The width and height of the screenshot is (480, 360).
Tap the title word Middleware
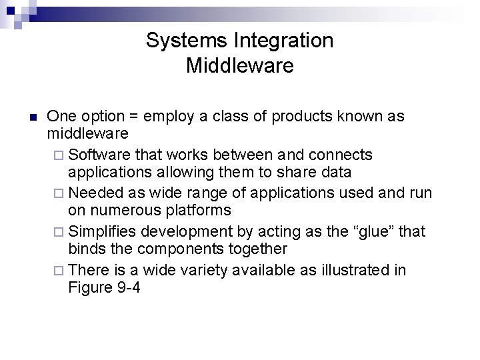coord(239,66)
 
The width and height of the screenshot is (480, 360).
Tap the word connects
coord(340,155)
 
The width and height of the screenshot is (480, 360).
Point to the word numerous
coord(127,211)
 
